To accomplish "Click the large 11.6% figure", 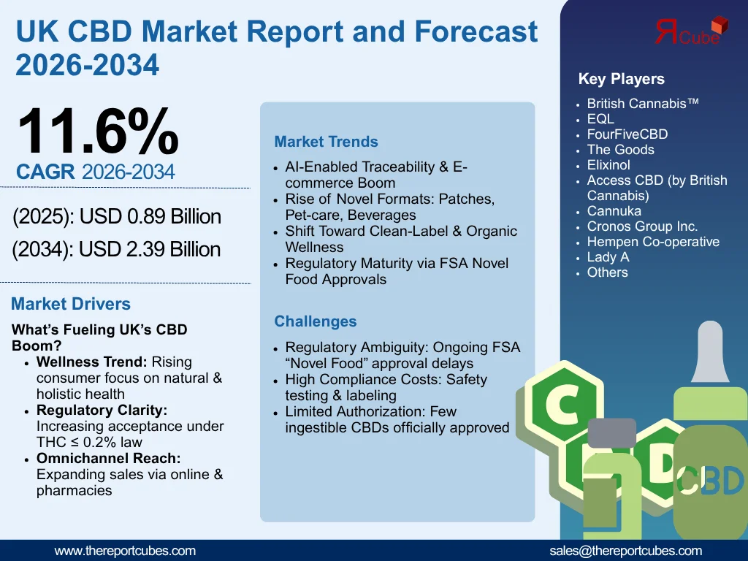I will [97, 131].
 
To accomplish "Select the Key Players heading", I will [621, 79].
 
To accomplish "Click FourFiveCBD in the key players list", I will [627, 134].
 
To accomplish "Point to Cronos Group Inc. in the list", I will [642, 226].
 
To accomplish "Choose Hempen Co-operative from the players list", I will [653, 242].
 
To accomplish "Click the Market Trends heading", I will [326, 142].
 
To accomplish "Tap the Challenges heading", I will [316, 321].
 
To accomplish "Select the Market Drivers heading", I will [71, 304].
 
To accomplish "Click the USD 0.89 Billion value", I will [150, 217].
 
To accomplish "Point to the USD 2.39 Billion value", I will [150, 250].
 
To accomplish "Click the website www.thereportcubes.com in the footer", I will [125, 551].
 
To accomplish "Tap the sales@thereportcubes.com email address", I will [625, 551].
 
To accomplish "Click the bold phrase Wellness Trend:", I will [91, 362].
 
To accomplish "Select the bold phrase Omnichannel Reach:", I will [108, 459].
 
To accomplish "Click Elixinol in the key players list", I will [608, 165].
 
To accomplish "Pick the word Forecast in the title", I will [476, 31].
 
